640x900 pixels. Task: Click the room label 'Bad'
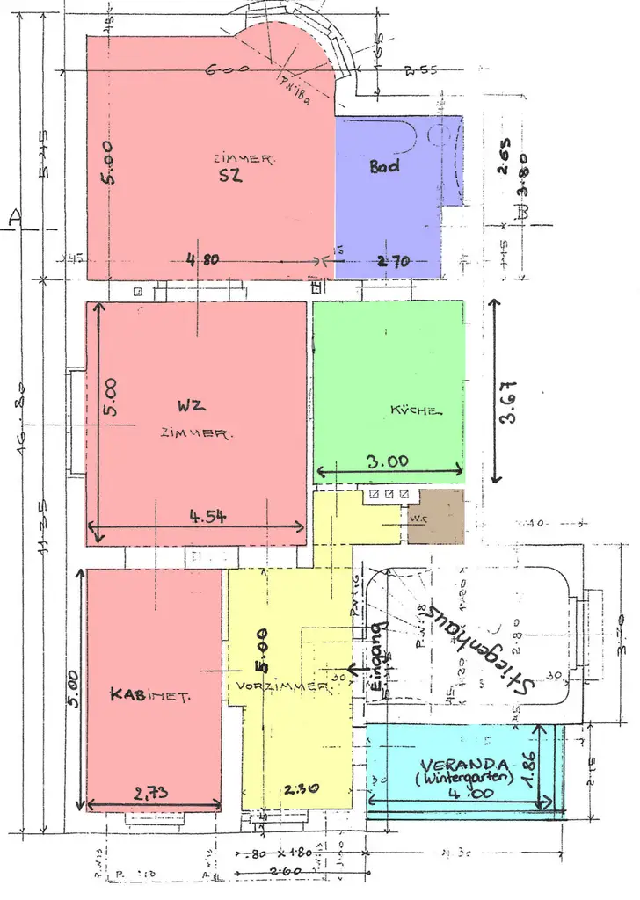(384, 164)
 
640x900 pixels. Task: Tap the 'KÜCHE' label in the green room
(416, 410)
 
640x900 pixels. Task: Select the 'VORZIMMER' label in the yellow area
(280, 685)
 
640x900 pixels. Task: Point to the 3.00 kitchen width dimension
(388, 459)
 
